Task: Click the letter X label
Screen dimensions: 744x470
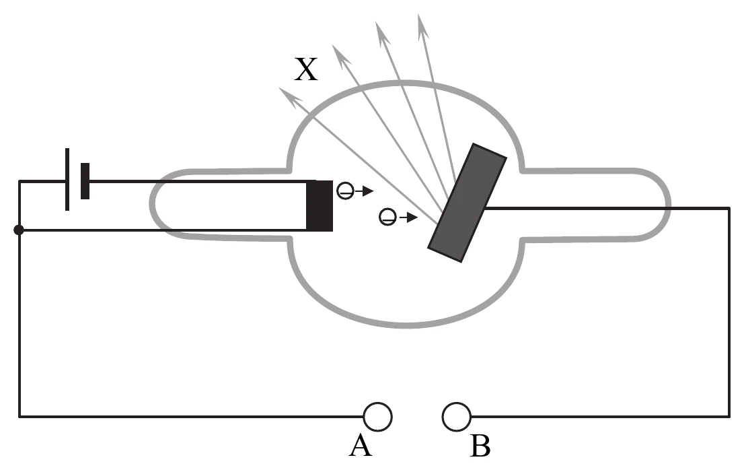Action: point(306,69)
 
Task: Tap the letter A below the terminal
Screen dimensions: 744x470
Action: point(360,446)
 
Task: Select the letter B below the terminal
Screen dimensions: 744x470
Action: point(480,446)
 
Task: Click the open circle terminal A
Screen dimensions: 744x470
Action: point(377,417)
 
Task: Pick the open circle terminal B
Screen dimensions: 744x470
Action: point(457,417)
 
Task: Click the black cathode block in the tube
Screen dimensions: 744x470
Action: point(320,205)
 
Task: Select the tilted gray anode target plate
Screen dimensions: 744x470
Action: point(468,202)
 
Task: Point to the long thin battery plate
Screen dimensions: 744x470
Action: point(67,180)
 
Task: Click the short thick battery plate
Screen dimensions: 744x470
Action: point(85,181)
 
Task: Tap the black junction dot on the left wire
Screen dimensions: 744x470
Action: point(19,230)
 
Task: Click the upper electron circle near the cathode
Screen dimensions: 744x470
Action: point(345,191)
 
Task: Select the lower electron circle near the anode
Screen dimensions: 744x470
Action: point(387,217)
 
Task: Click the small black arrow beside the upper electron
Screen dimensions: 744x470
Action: point(365,191)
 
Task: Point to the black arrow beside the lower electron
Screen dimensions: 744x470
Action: point(408,217)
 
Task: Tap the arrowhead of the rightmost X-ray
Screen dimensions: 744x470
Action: point(422,26)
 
